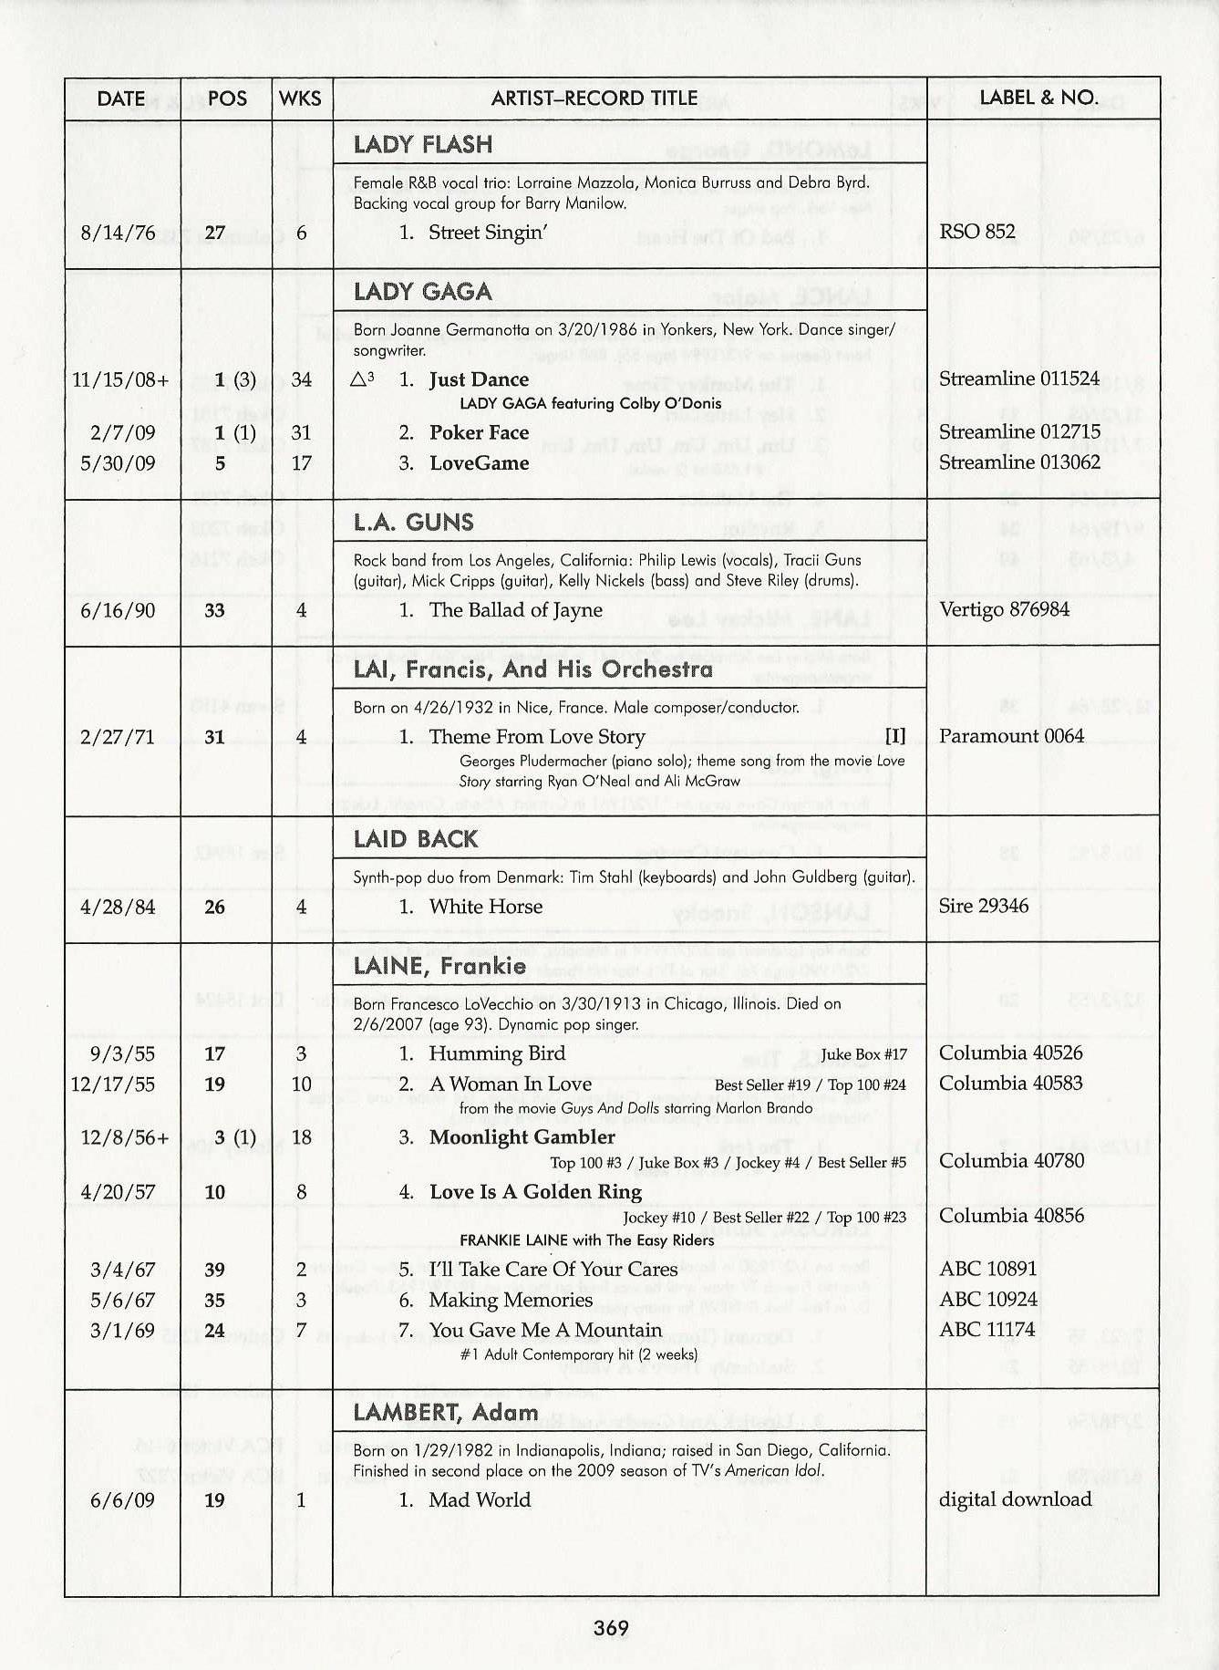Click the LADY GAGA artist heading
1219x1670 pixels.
tap(422, 292)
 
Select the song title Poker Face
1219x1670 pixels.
tap(479, 432)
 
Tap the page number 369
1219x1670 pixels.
tap(611, 1628)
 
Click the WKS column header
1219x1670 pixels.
tap(301, 99)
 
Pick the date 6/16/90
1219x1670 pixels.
tap(118, 610)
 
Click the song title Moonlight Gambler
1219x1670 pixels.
tap(522, 1137)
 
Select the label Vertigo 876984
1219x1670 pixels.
tap(1004, 609)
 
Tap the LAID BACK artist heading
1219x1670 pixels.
tap(415, 839)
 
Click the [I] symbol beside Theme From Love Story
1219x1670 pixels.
tap(895, 736)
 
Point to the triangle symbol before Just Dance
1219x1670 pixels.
tap(362, 379)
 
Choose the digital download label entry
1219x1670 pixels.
tap(1015, 1499)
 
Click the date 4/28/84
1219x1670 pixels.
tap(118, 908)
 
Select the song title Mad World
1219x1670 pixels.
tap(480, 1499)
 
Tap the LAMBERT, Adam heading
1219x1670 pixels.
tap(445, 1413)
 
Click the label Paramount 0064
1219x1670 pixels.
tap(1011, 736)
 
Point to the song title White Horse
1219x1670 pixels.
tap(485, 907)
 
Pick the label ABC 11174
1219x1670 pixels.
tap(987, 1330)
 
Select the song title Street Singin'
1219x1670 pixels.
tap(488, 233)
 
